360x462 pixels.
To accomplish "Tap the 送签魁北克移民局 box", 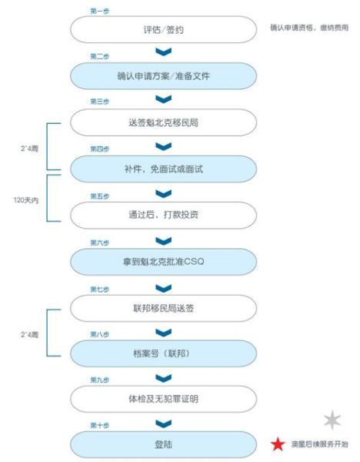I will pos(163,122).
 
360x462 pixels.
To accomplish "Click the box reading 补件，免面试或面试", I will pos(163,168).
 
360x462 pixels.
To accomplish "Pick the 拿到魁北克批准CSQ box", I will pos(163,260).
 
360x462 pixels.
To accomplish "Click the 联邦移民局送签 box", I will pos(163,306).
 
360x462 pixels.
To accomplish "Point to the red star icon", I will pos(278,444).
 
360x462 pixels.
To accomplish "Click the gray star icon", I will pos(332,419).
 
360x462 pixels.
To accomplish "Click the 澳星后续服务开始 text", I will pos(319,445).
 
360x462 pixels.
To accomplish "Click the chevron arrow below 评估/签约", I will pos(163,52).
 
